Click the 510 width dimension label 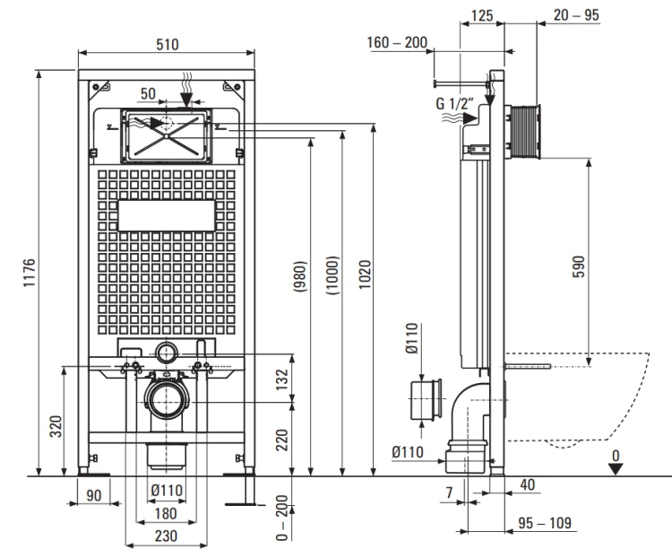click(167, 44)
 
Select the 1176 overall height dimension click(29, 273)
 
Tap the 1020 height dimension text click(365, 275)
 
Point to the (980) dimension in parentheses click(300, 277)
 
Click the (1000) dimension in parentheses click(333, 275)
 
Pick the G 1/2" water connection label click(455, 103)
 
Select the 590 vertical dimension click(579, 266)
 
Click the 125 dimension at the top click(482, 16)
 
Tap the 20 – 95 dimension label click(576, 15)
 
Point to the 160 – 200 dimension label click(397, 42)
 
